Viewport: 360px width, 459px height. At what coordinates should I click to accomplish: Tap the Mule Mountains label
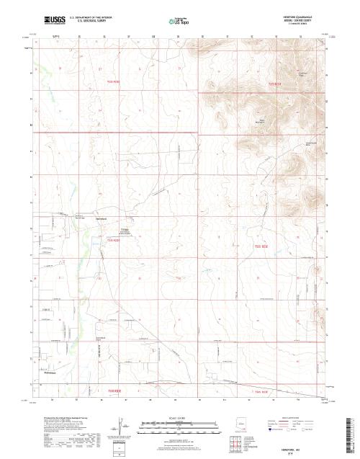pos(263,122)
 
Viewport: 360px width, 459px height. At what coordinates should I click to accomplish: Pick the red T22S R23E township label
pos(274,83)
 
